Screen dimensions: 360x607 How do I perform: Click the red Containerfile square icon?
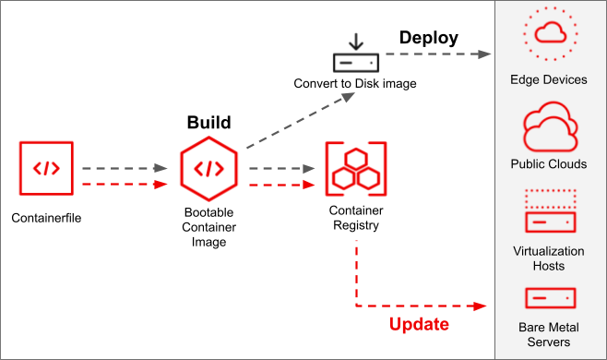(x=46, y=169)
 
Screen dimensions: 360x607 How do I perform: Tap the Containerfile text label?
(x=46, y=220)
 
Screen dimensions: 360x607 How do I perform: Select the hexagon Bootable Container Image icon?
(x=209, y=169)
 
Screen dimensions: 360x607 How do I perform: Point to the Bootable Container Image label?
(x=208, y=227)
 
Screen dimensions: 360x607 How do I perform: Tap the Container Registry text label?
(x=355, y=217)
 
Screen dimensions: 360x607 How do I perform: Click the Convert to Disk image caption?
(x=355, y=84)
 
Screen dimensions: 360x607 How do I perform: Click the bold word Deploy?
(x=428, y=39)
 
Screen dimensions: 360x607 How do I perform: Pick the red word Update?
(x=419, y=324)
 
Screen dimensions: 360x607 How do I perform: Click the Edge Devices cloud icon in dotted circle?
(x=550, y=34)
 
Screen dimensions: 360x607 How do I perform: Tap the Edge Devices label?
(x=549, y=79)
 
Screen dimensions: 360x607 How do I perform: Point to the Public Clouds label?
(x=549, y=164)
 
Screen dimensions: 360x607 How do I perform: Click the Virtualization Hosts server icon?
(x=550, y=211)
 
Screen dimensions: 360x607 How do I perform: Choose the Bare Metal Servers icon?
(x=550, y=297)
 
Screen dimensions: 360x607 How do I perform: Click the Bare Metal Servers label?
(x=549, y=334)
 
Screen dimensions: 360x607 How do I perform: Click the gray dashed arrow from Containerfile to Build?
(x=124, y=169)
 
